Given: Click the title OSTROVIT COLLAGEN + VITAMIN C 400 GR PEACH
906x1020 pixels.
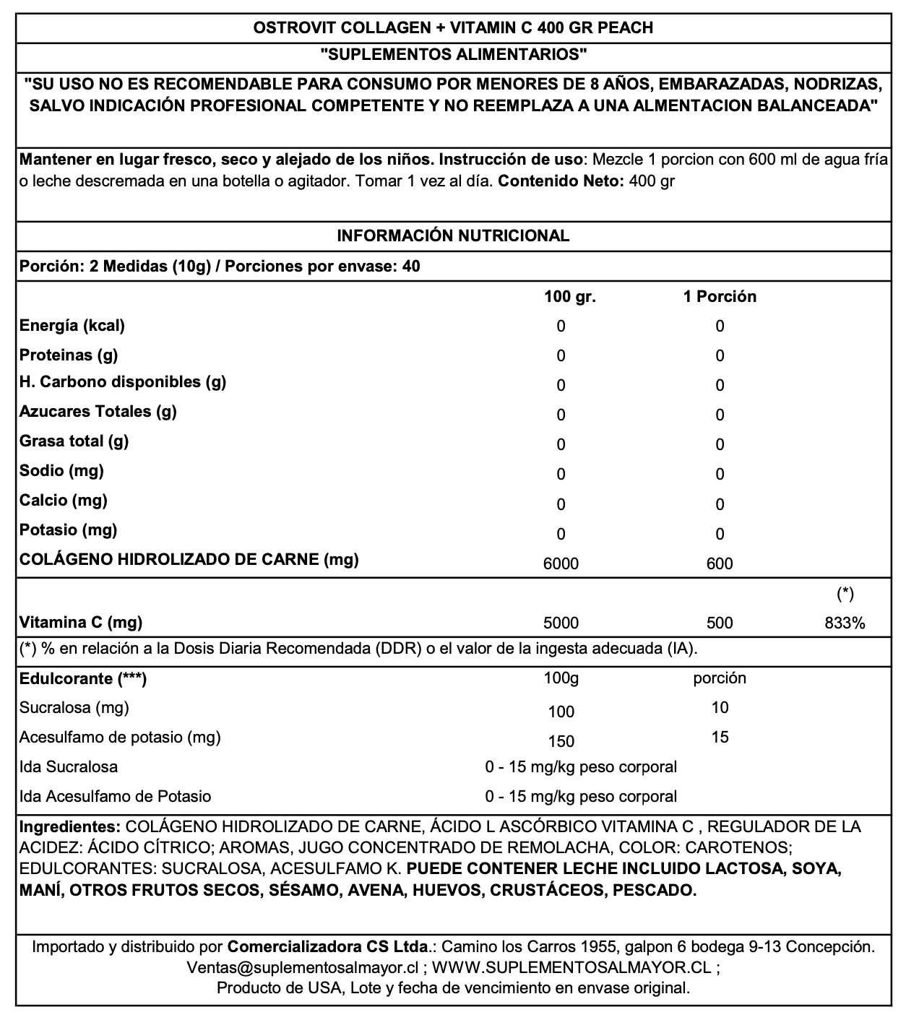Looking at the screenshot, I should point(453,28).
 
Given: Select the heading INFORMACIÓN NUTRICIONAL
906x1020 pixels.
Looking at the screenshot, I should point(453,235).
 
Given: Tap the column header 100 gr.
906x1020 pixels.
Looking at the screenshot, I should point(569,297).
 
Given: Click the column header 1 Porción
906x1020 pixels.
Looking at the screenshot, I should point(720,297).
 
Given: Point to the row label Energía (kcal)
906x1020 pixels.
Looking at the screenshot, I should point(72,326).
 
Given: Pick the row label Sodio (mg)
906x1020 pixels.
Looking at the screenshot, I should point(62,471).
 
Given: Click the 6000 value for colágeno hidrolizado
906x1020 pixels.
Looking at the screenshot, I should point(561,563).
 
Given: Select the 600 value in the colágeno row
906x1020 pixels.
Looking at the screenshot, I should point(720,563).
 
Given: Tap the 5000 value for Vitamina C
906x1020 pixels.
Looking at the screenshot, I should point(561,623).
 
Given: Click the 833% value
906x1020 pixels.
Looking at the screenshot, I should point(845,623).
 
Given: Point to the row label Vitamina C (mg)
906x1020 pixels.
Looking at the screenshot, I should point(81,622).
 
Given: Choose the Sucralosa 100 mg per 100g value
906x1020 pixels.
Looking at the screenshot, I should point(561,712).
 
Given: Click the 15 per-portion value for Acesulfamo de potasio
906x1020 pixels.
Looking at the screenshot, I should point(720,737).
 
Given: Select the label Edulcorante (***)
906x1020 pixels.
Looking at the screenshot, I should point(83,678).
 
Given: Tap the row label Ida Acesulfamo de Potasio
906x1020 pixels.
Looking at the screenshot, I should point(116,796).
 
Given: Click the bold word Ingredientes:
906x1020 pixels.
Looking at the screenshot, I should point(69,826).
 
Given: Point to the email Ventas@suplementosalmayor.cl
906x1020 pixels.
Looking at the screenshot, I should point(303,967).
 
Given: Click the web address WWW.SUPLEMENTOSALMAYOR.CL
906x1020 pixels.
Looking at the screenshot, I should point(572,967).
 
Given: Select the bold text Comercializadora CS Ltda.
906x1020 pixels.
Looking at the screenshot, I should point(327,946).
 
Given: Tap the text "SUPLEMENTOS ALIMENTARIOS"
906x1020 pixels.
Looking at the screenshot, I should point(453,54).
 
